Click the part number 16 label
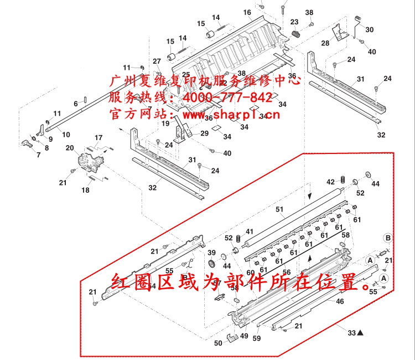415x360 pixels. pyautogui.click(x=247, y=13)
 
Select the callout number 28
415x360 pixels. pyautogui.click(x=325, y=43)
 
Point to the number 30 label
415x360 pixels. pyautogui.click(x=370, y=29)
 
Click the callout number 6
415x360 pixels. pyautogui.click(x=76, y=104)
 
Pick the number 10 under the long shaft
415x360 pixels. pyautogui.click(x=66, y=134)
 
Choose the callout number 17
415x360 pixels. pyautogui.click(x=98, y=137)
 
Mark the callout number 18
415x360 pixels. pyautogui.click(x=85, y=190)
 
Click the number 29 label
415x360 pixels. pyautogui.click(x=204, y=133)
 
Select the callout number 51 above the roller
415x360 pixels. pyautogui.click(x=279, y=209)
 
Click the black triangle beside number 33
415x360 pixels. pyautogui.click(x=360, y=333)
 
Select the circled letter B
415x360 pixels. pyautogui.click(x=388, y=238)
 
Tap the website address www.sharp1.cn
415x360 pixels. pyautogui.click(x=231, y=115)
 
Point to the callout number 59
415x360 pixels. pyautogui.click(x=257, y=338)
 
